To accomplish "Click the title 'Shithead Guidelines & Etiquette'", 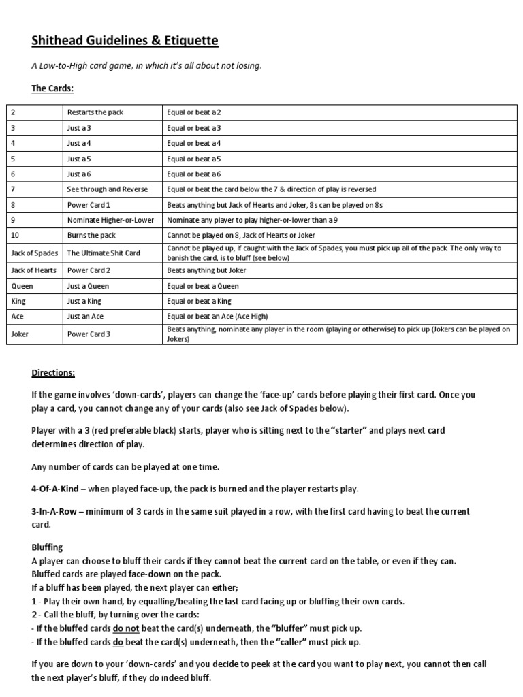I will point(125,42).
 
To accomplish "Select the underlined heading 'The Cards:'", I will point(52,89).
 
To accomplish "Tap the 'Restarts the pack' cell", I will point(95,112).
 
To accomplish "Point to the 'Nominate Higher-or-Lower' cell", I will point(110,220).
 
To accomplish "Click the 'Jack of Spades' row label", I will point(35,253).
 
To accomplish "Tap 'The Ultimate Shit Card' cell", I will point(104,253).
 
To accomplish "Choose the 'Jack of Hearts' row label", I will point(35,270).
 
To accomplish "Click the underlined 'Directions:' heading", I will point(53,373).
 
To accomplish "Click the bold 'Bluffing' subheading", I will point(47,547).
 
